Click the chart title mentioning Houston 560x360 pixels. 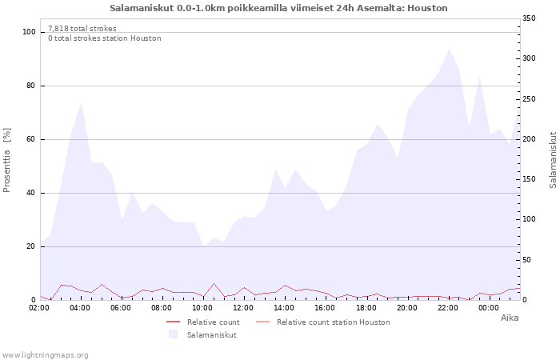[x=278, y=8]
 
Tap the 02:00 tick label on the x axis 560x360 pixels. [x=40, y=307]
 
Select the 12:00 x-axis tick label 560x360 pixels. [x=243, y=307]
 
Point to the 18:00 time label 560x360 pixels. [x=366, y=307]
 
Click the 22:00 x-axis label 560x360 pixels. [x=447, y=307]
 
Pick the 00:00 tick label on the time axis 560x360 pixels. [x=488, y=307]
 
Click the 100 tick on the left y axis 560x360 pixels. [x=30, y=32]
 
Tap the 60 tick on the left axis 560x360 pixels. [x=32, y=139]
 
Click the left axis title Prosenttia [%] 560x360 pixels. [x=7, y=160]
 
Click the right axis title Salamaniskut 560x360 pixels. [x=553, y=160]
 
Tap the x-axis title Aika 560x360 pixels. [x=510, y=318]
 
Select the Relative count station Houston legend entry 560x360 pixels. [x=333, y=322]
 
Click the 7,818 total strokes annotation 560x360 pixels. [x=82, y=29]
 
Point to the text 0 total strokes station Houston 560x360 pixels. [x=104, y=38]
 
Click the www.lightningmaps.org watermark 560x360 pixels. [x=45, y=355]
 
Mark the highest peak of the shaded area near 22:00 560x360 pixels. [x=449, y=49]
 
